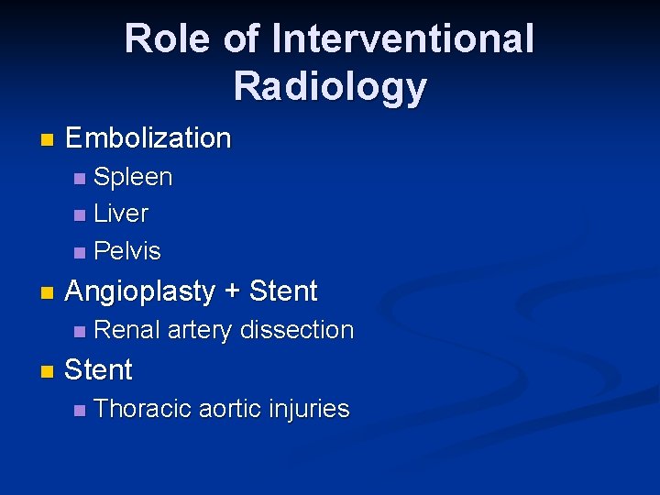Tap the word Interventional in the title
click(x=403, y=39)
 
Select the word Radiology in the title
click(x=330, y=86)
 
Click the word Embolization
click(x=148, y=138)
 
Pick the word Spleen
click(x=133, y=177)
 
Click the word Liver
click(x=121, y=214)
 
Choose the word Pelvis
click(x=127, y=251)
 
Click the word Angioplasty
click(x=141, y=291)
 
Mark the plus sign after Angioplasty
click(x=233, y=292)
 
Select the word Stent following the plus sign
click(x=283, y=291)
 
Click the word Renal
click(x=126, y=330)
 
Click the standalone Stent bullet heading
click(x=99, y=370)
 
